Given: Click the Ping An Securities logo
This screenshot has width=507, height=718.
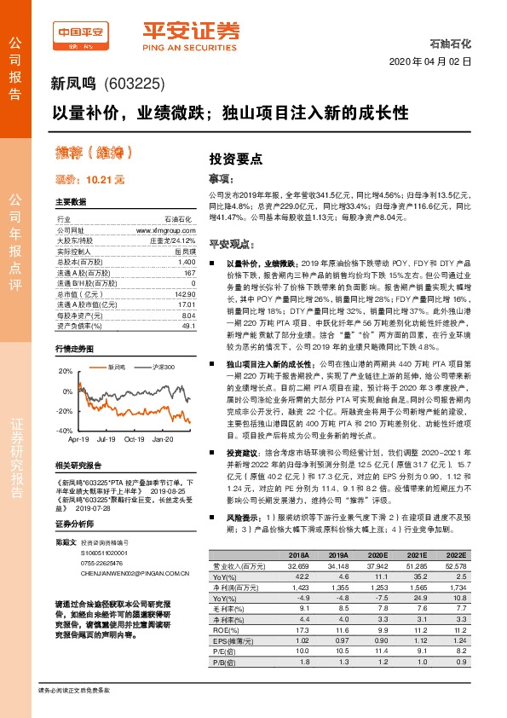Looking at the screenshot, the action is pyautogui.click(x=190, y=34).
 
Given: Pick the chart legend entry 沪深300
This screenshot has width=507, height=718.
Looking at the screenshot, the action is pyautogui.click(x=164, y=367).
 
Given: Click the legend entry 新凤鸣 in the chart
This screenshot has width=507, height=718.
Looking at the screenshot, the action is pyautogui.click(x=117, y=367).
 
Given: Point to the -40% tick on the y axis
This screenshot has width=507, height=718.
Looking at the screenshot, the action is pyautogui.click(x=66, y=431).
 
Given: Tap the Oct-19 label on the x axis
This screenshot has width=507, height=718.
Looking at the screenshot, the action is pyautogui.click(x=135, y=439).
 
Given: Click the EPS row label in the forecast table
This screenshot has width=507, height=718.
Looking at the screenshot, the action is pyautogui.click(x=224, y=639).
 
